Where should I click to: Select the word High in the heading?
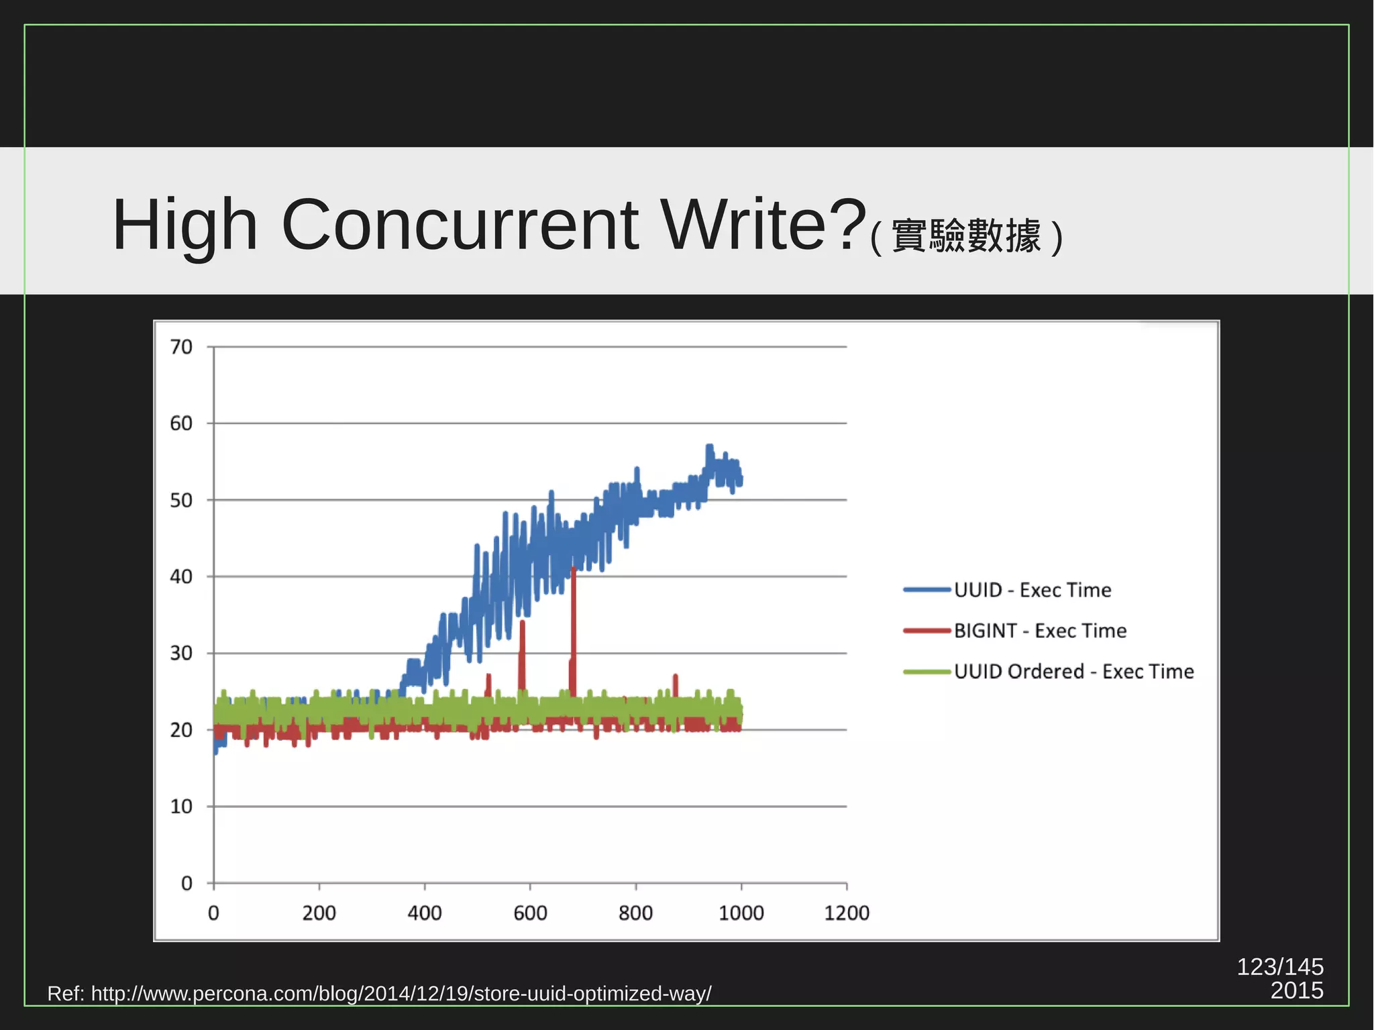pyautogui.click(x=184, y=226)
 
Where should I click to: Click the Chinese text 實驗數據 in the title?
pyautogui.click(x=966, y=236)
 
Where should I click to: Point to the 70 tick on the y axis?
pyautogui.click(x=181, y=347)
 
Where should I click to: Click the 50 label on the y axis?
pyautogui.click(x=181, y=500)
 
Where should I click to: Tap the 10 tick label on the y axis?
pyautogui.click(x=181, y=806)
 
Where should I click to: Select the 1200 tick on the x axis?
pyautogui.click(x=846, y=913)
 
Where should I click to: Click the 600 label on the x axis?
pyautogui.click(x=530, y=913)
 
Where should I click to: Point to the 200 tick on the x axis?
pyautogui.click(x=319, y=913)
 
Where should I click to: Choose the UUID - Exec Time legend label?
pyautogui.click(x=1033, y=590)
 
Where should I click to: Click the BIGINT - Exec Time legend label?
pyautogui.click(x=1040, y=631)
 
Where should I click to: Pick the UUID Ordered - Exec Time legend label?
pyautogui.click(x=1073, y=671)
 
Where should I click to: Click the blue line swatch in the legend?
pyautogui.click(x=927, y=590)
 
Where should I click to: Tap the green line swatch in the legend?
pyautogui.click(x=927, y=672)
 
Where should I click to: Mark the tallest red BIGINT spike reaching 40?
pyautogui.click(x=574, y=570)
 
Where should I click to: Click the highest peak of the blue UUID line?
pyautogui.click(x=709, y=447)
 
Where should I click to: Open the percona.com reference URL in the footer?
pyautogui.click(x=401, y=993)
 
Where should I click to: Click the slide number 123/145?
pyautogui.click(x=1279, y=967)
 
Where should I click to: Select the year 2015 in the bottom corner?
pyautogui.click(x=1296, y=991)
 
